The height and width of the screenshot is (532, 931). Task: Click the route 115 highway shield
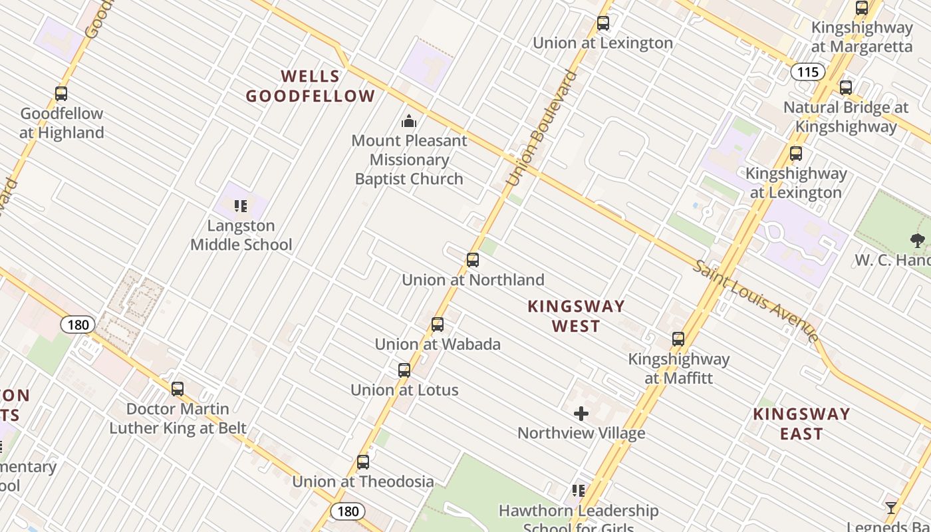(808, 72)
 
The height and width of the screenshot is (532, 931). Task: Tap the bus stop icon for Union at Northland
(473, 260)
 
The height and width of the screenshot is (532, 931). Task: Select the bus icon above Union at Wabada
(438, 325)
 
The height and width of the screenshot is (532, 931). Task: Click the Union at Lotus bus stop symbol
(404, 370)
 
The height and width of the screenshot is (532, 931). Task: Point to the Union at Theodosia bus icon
(363, 462)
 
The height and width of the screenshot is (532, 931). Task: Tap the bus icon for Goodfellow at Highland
(61, 94)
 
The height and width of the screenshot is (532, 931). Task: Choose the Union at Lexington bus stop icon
(603, 23)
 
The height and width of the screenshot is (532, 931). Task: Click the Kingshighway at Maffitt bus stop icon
(678, 339)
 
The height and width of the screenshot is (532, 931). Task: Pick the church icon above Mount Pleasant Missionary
(408, 121)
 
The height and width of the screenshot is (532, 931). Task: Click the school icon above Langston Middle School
(241, 206)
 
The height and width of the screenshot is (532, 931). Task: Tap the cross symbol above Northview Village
(581, 414)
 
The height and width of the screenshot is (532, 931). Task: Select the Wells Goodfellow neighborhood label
(311, 86)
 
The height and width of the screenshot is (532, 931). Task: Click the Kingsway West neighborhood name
(576, 316)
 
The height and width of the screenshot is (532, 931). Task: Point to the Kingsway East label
(801, 424)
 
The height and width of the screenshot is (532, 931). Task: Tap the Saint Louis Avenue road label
(756, 300)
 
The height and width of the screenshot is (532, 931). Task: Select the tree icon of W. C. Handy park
(918, 241)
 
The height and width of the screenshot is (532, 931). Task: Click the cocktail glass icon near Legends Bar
(891, 508)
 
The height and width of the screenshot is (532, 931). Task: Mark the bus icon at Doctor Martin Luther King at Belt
(178, 389)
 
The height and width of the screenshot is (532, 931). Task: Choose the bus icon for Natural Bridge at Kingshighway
(846, 88)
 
